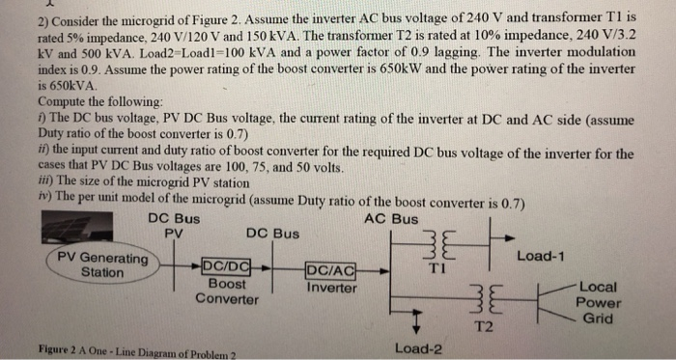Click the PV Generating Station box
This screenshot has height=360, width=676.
pos(101,265)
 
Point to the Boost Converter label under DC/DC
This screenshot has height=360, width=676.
pos(227,291)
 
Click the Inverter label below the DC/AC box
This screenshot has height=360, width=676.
pos(331,288)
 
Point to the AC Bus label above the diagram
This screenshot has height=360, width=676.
pos(391,218)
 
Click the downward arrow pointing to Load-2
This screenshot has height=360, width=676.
pos(416,322)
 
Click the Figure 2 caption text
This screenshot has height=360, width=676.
pos(135,350)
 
